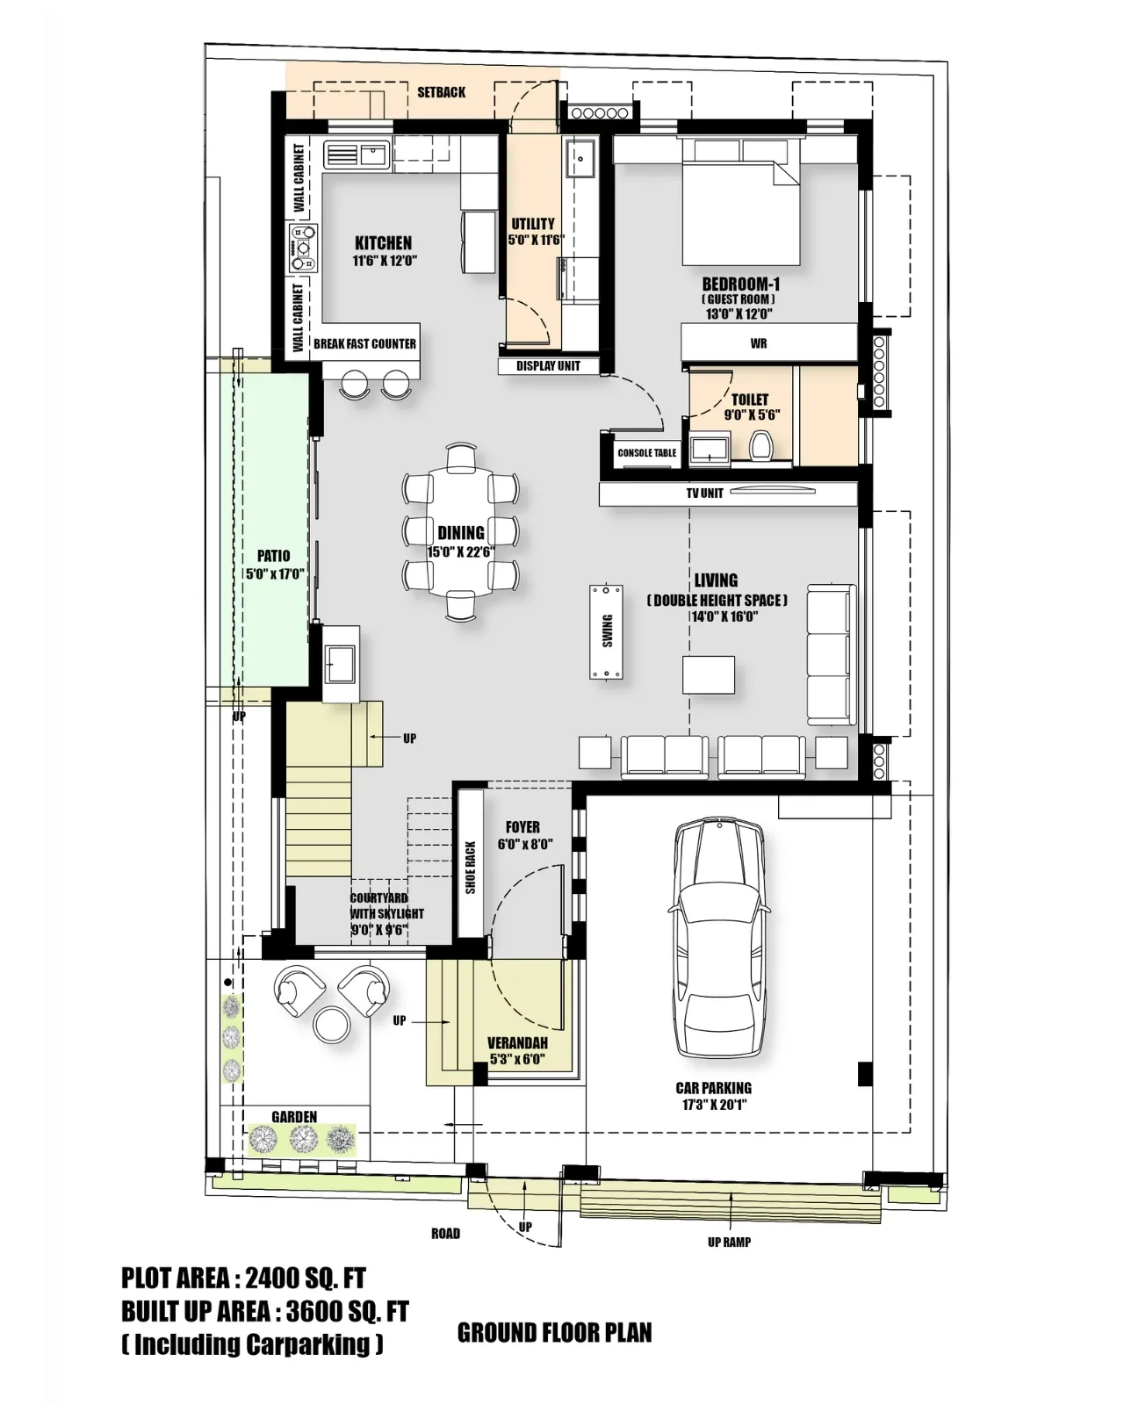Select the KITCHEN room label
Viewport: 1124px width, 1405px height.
[383, 243]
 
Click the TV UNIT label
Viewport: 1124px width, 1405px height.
[704, 494]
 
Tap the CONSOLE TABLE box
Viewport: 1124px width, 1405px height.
[647, 453]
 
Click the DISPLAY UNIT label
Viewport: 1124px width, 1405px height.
[548, 366]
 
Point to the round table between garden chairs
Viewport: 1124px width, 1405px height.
[332, 1024]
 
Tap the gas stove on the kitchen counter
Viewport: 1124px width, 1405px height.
[304, 248]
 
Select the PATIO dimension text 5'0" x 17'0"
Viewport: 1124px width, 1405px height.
[274, 574]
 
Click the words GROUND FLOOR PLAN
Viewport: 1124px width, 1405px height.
[554, 1333]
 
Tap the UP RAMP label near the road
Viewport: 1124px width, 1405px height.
[729, 1243]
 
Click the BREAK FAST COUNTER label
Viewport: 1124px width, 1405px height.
[364, 343]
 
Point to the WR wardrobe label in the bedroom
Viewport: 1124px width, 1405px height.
[759, 343]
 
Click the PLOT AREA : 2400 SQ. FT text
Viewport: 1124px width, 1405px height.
[243, 1278]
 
